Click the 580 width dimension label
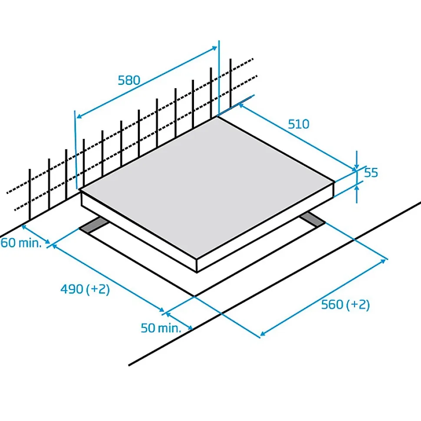coord(129,80)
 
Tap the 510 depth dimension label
coord(299,124)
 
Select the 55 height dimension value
coord(371,173)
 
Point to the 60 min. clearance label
coord(22,243)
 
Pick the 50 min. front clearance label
coord(161,328)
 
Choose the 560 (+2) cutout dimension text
coord(345,305)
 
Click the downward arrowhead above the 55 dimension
coord(356,167)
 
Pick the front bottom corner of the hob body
coord(197,272)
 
